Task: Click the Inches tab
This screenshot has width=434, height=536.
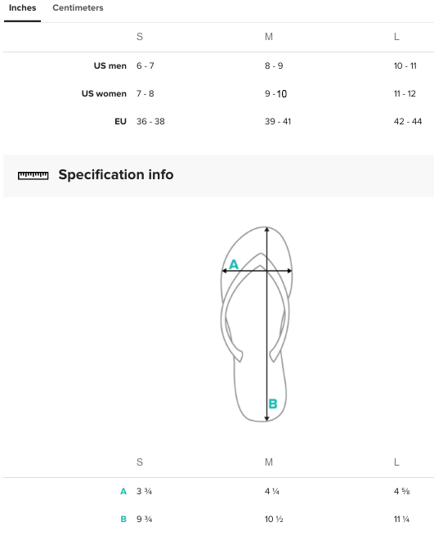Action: (x=23, y=8)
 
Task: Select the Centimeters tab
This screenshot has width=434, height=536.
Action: (x=78, y=8)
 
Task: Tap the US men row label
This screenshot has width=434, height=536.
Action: (x=110, y=65)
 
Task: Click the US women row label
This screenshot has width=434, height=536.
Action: (x=104, y=93)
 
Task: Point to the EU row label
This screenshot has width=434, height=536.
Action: (x=120, y=121)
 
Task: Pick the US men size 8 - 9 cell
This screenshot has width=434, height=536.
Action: (x=274, y=65)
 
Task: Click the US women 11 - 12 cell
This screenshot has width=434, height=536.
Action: (x=405, y=93)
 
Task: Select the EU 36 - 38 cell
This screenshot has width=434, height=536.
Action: (x=150, y=121)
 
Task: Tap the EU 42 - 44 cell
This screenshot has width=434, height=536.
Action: (x=408, y=121)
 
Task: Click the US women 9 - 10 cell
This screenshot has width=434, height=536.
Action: (x=276, y=93)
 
